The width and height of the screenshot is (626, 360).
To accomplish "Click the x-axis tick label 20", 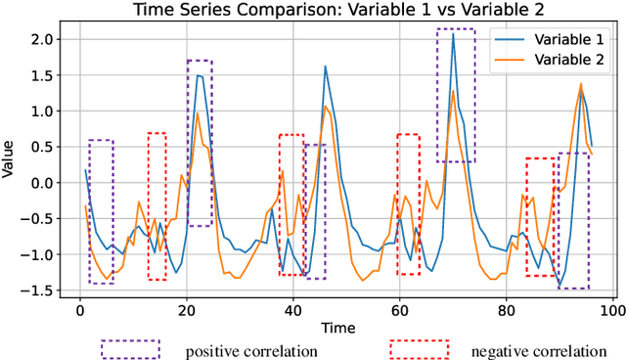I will click(x=186, y=311).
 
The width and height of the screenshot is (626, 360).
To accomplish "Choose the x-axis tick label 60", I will click(x=399, y=311).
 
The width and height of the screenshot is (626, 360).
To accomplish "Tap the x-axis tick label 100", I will click(x=611, y=311).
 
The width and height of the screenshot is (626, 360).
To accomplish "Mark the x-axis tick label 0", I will click(x=80, y=311).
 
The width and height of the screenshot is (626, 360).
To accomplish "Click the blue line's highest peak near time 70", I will click(x=453, y=34).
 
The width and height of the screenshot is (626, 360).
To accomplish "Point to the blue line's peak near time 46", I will click(x=325, y=67).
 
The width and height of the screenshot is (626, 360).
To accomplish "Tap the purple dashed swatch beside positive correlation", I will click(x=130, y=348).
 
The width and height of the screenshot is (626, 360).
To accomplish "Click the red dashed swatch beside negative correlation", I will click(x=419, y=348).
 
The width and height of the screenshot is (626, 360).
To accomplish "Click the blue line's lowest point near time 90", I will click(x=559, y=285).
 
